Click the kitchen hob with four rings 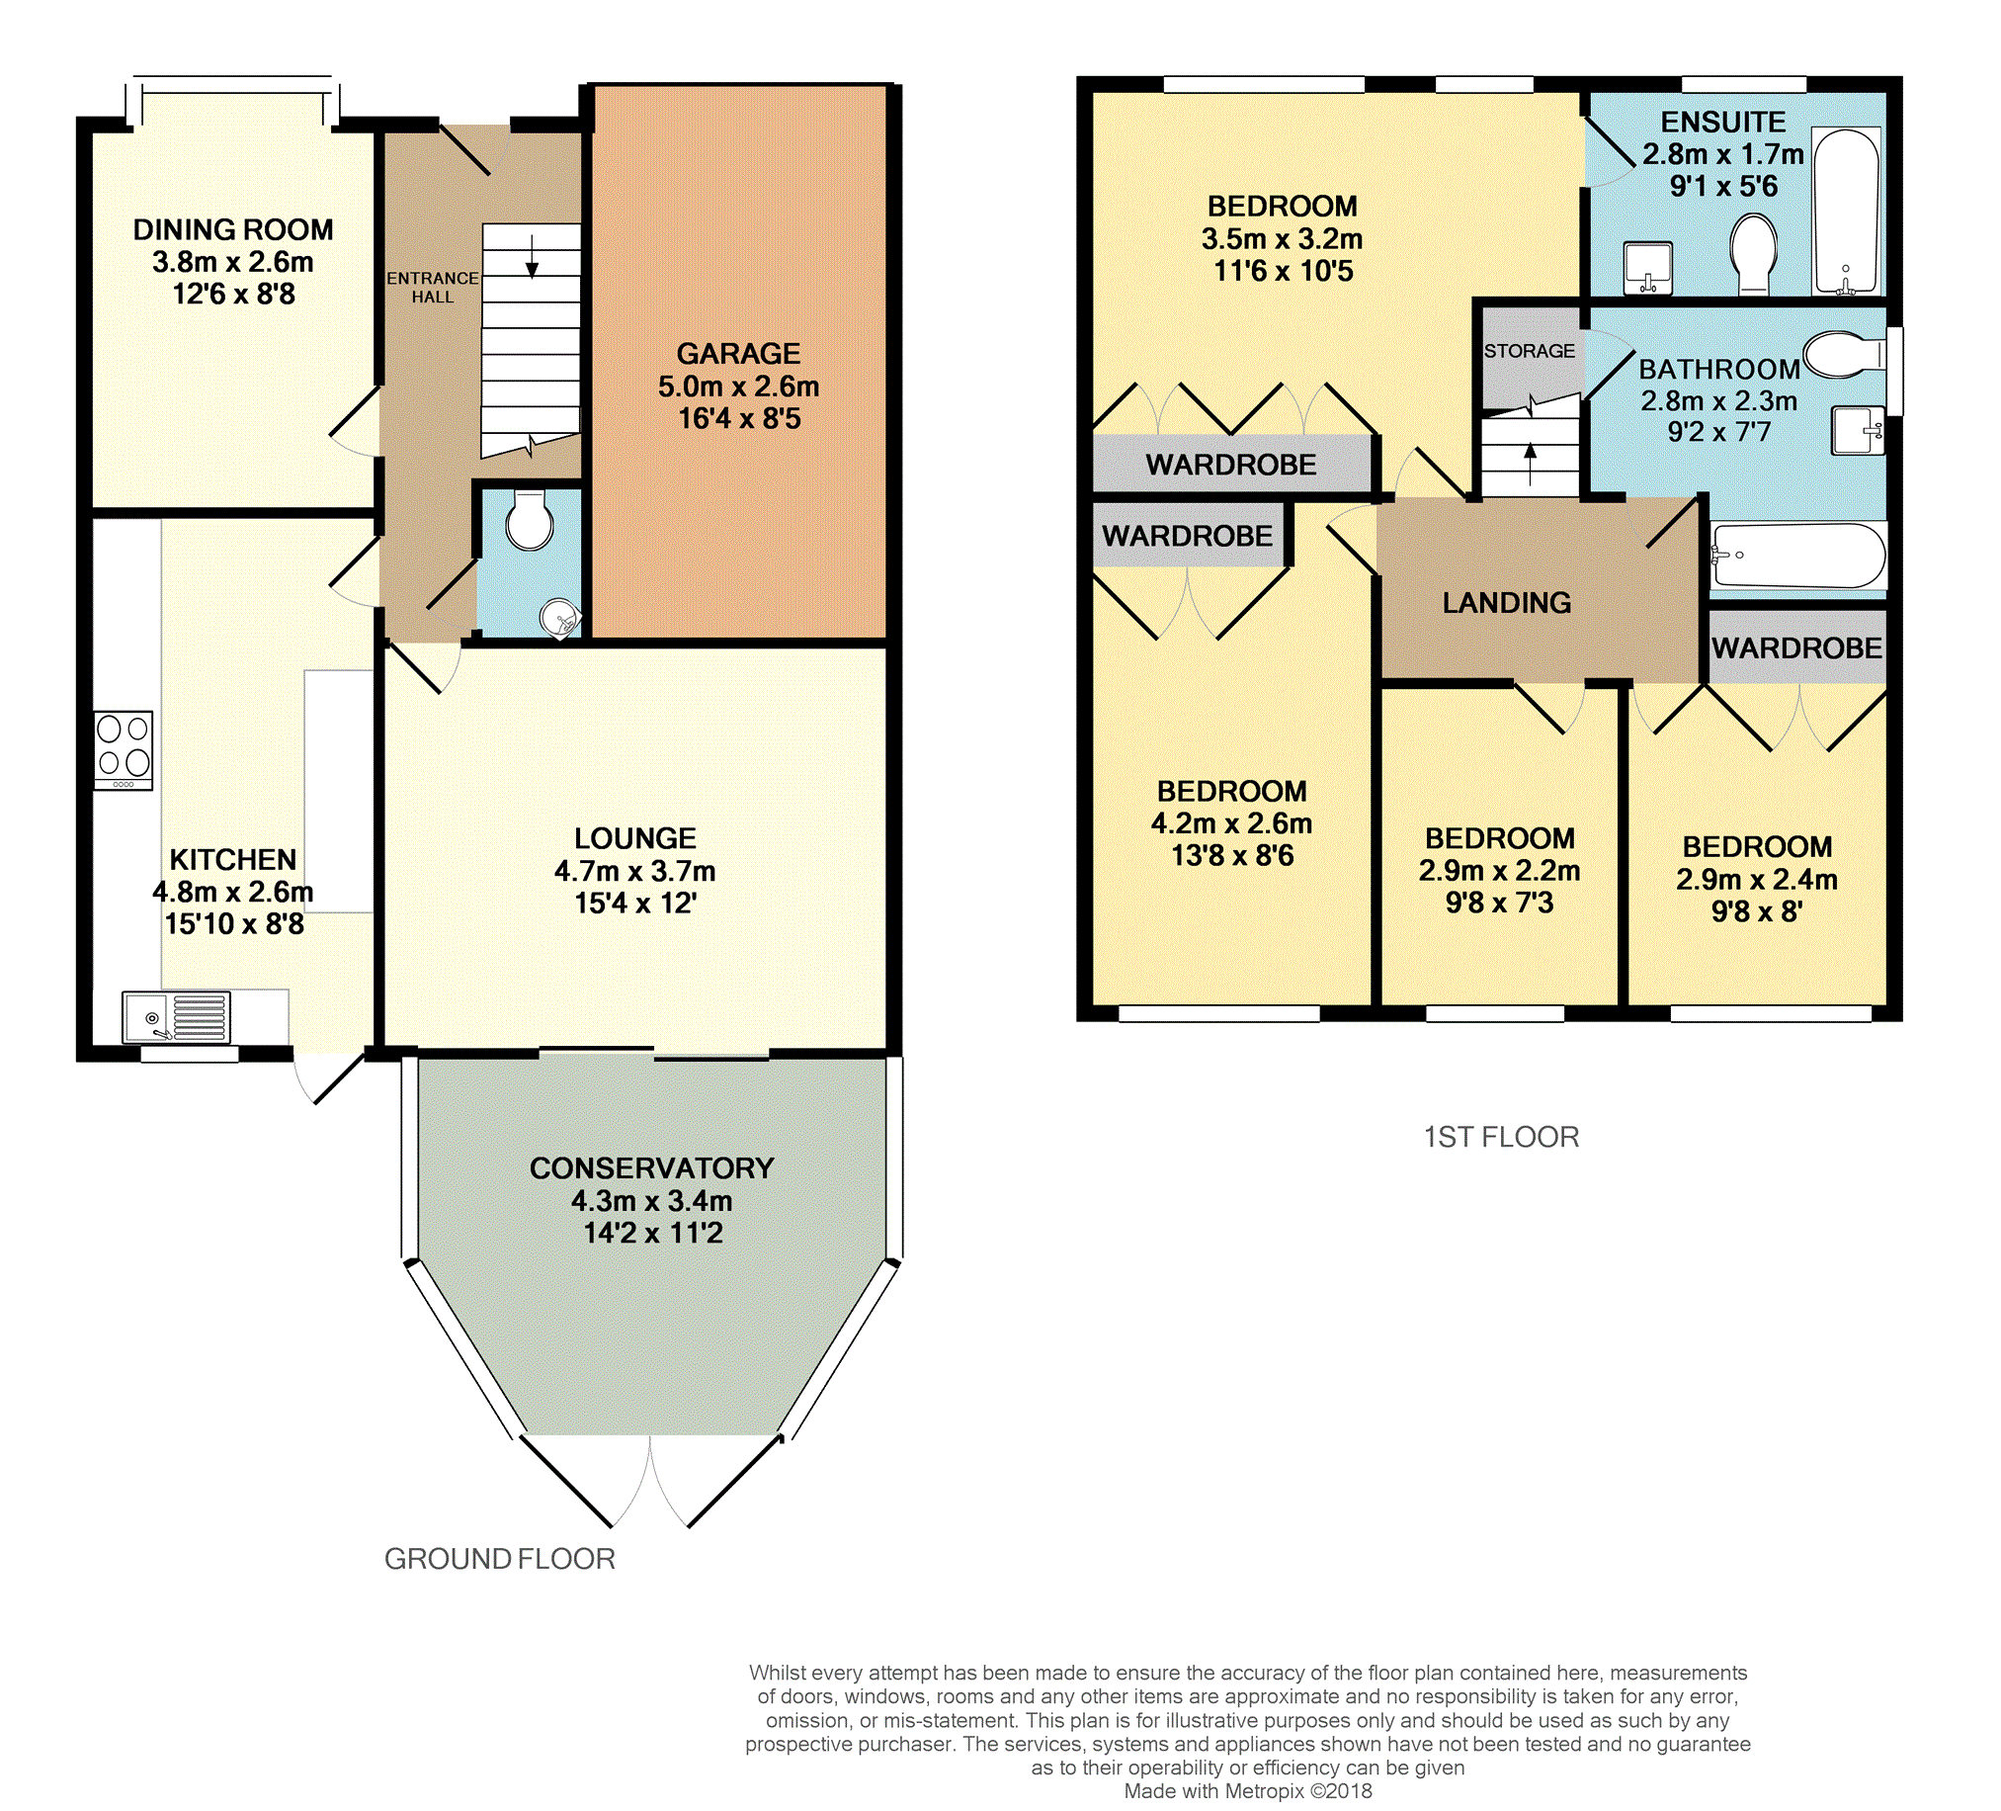(125, 750)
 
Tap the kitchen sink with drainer (176, 1017)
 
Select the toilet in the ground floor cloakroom (530, 519)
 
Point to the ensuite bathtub (1846, 212)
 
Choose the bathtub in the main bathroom (1798, 556)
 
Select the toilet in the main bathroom (1845, 355)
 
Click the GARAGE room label (738, 354)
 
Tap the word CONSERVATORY (652, 1167)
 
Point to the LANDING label (1507, 603)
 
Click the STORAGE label (1530, 351)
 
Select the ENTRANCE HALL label (433, 287)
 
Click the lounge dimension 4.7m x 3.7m (635, 871)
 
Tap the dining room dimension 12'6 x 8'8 (234, 294)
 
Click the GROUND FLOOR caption (499, 1559)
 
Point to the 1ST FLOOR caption (1501, 1137)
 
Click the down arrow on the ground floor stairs (532, 256)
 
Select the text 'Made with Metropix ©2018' (1248, 1791)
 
